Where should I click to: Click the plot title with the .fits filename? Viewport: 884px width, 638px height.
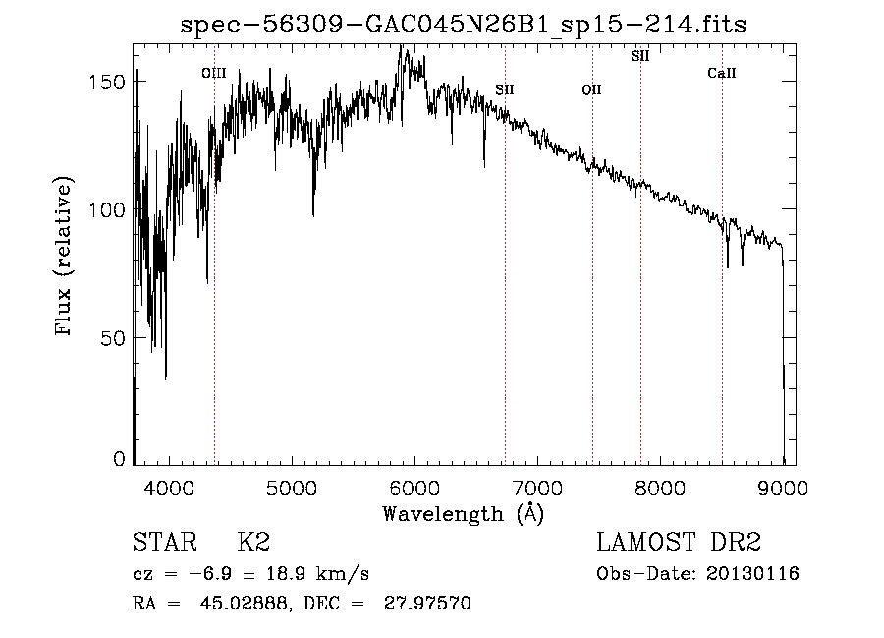463,25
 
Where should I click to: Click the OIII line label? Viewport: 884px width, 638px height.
213,73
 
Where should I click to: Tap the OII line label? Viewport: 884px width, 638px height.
591,90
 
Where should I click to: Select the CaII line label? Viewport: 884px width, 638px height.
722,74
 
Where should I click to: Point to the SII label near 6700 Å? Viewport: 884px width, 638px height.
505,90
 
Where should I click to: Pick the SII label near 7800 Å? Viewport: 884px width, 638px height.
640,56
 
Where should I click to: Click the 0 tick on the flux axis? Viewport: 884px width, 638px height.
120,459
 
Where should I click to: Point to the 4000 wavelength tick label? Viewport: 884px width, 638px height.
169,486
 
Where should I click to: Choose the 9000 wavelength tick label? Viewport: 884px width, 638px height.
783,486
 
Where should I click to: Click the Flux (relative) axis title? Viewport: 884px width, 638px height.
66,258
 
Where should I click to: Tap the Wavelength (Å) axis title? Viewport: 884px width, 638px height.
463,512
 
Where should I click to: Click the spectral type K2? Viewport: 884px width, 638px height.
253,543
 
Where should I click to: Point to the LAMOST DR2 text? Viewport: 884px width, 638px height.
679,543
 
